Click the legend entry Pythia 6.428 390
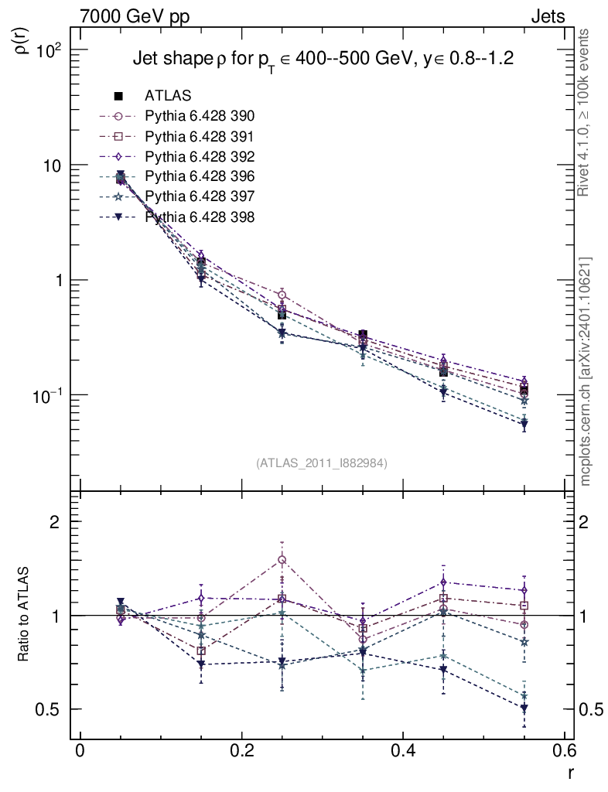pyautogui.click(x=200, y=117)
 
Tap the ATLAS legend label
pyautogui.click(x=168, y=96)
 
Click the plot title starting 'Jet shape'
pyautogui.click(x=324, y=60)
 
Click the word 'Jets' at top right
pyautogui.click(x=547, y=16)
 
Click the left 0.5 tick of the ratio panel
pyautogui.click(x=51, y=709)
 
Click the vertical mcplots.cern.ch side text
pyautogui.click(x=585, y=371)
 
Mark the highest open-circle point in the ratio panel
pyautogui.click(x=282, y=559)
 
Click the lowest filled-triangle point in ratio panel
pyautogui.click(x=524, y=708)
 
